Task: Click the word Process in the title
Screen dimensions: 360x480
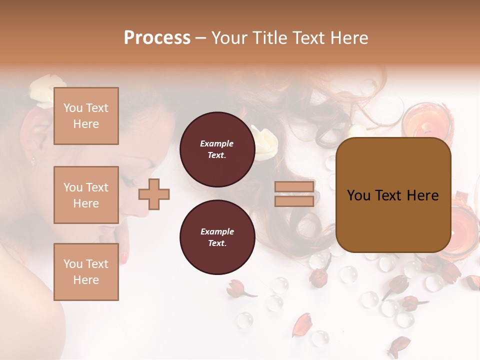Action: pos(157,38)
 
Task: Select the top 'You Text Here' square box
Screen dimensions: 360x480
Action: pos(86,116)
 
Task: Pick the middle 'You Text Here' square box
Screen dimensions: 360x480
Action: pos(86,195)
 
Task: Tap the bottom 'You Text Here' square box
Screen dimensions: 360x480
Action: pos(86,272)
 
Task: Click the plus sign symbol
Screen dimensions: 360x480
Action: pos(154,194)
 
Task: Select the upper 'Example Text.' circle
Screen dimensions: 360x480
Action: pos(217,149)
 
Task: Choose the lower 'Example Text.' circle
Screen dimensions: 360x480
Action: pos(217,237)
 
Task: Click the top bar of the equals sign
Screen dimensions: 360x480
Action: pos(294,187)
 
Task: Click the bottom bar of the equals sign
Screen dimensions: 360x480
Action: pos(294,201)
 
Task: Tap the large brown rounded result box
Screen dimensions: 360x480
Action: pos(393,195)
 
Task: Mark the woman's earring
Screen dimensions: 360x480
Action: pos(33,161)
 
